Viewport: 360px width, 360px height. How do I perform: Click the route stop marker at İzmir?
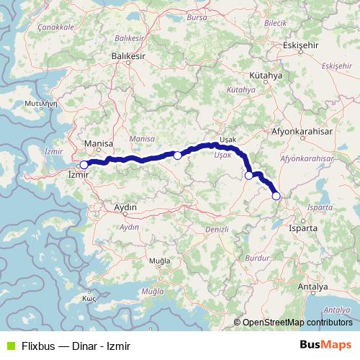[x=84, y=165]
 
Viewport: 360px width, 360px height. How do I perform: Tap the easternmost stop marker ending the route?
[x=276, y=196]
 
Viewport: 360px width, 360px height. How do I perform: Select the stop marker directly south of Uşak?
[x=249, y=175]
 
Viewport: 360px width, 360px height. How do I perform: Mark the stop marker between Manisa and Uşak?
[x=178, y=155]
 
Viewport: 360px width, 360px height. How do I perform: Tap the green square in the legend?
[x=9, y=345]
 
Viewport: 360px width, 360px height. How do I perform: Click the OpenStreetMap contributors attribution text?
[x=297, y=323]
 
